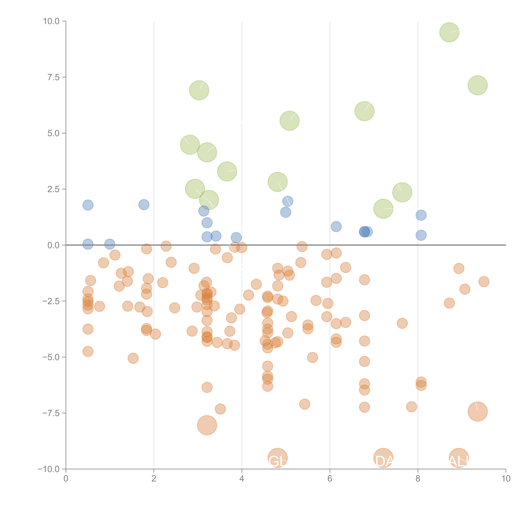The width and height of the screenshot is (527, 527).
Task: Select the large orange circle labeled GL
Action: (x=278, y=458)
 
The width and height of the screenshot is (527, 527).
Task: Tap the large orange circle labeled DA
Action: (x=383, y=458)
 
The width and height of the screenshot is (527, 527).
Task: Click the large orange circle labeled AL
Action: (x=459, y=458)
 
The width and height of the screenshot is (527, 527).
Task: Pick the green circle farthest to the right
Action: (x=478, y=85)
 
